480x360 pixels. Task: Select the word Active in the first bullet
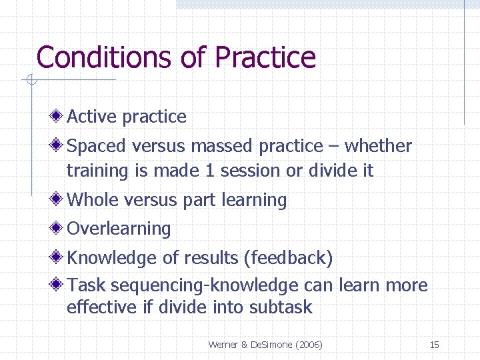92,117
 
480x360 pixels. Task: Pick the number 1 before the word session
210,171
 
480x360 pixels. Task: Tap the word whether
378,146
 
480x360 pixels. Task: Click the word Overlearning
119,229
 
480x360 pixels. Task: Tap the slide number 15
434,345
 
